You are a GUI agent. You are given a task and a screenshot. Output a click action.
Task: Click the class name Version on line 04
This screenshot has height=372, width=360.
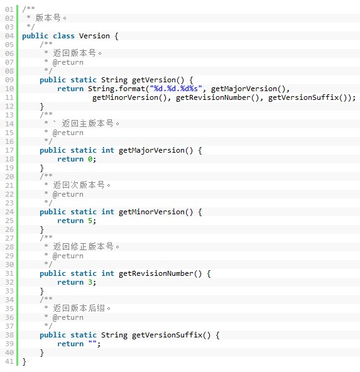coord(94,36)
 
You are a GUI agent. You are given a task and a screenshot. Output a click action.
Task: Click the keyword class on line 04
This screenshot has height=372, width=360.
coord(63,36)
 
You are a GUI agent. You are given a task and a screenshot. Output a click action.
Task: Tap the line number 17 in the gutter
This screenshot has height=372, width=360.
coord(9,150)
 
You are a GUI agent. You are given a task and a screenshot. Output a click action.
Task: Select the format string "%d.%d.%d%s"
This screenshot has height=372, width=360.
coord(176,89)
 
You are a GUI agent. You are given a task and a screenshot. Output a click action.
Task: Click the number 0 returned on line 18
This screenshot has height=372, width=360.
coord(90,159)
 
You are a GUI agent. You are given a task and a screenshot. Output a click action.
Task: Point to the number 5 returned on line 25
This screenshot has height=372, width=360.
coord(90,221)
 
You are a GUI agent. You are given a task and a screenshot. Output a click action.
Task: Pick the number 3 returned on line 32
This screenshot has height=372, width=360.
coord(90,282)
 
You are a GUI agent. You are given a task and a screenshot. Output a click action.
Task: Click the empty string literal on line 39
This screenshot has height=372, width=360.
coord(92,343)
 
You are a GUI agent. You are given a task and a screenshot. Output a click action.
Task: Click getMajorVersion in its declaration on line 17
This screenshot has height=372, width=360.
coord(151,150)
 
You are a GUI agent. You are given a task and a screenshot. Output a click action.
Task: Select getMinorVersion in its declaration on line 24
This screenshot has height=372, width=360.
coord(151,212)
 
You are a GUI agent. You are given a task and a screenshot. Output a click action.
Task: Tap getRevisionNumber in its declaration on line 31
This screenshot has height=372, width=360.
coord(156,273)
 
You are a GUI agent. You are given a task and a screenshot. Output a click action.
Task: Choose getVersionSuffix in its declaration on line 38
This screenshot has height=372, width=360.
coord(167,335)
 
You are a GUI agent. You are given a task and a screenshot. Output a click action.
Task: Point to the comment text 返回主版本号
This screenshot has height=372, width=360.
coord(87,124)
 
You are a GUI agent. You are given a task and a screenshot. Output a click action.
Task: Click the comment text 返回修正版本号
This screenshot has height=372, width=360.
coord(83,247)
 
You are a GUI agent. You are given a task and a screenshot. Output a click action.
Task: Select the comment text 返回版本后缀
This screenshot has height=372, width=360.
coord(79,308)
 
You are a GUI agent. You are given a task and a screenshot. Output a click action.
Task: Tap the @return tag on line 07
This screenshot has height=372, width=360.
coord(68,62)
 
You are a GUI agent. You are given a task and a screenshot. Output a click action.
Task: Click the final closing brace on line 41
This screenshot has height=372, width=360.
coord(24,361)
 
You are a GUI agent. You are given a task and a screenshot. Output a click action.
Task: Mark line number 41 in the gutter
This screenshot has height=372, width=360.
coord(9,361)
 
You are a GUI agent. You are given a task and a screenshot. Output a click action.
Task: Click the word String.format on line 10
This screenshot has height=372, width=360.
coord(116,89)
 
